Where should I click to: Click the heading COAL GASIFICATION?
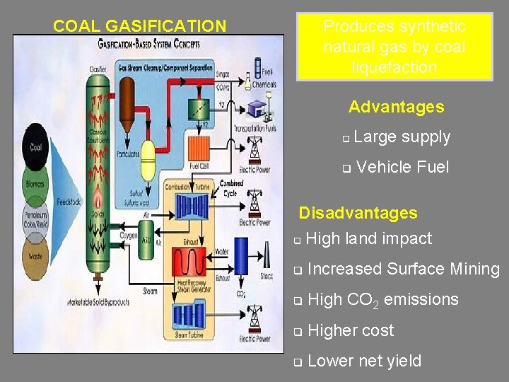[139, 27]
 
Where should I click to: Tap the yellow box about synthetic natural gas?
[394, 47]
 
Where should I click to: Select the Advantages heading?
[396, 108]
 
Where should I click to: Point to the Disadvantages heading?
[358, 213]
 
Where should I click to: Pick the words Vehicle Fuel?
[404, 167]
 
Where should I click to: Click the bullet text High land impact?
[369, 239]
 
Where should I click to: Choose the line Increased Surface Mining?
[404, 269]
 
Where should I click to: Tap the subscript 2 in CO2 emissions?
[375, 304]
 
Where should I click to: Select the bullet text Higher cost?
[351, 330]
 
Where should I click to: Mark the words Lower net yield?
[364, 361]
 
